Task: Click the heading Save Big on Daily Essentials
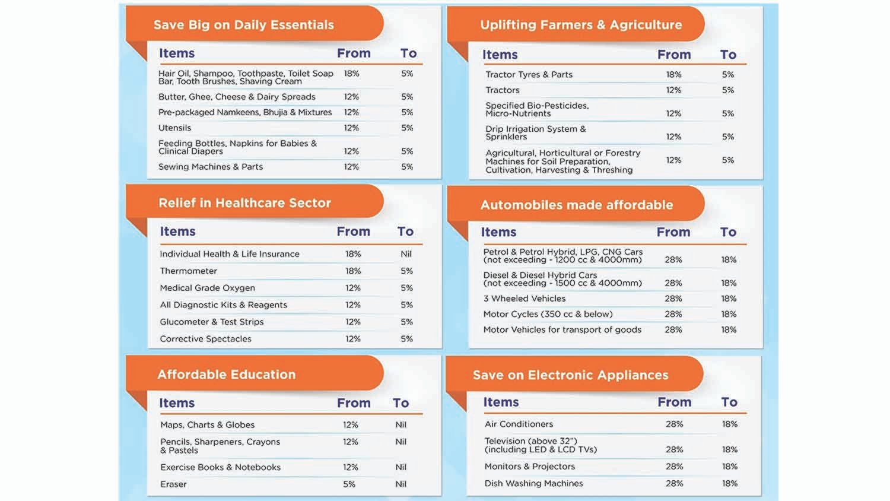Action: click(243, 25)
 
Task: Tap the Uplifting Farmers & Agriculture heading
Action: click(581, 25)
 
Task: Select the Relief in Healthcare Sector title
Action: click(244, 203)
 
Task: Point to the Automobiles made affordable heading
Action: click(576, 205)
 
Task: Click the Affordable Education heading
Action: click(226, 375)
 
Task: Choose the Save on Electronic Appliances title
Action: click(570, 375)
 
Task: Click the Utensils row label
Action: click(174, 128)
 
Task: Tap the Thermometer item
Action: click(188, 271)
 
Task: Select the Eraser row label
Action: click(173, 484)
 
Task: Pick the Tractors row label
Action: click(502, 90)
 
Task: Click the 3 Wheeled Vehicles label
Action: click(524, 299)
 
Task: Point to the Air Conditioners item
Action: click(519, 424)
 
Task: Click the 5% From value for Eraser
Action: click(349, 484)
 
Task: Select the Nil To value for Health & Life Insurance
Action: click(406, 254)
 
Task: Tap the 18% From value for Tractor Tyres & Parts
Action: click(673, 75)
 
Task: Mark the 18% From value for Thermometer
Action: click(353, 271)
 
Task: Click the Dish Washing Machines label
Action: click(533, 483)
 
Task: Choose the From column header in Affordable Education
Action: click(354, 403)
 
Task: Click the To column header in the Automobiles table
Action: click(728, 232)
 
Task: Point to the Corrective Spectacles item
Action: click(205, 339)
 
